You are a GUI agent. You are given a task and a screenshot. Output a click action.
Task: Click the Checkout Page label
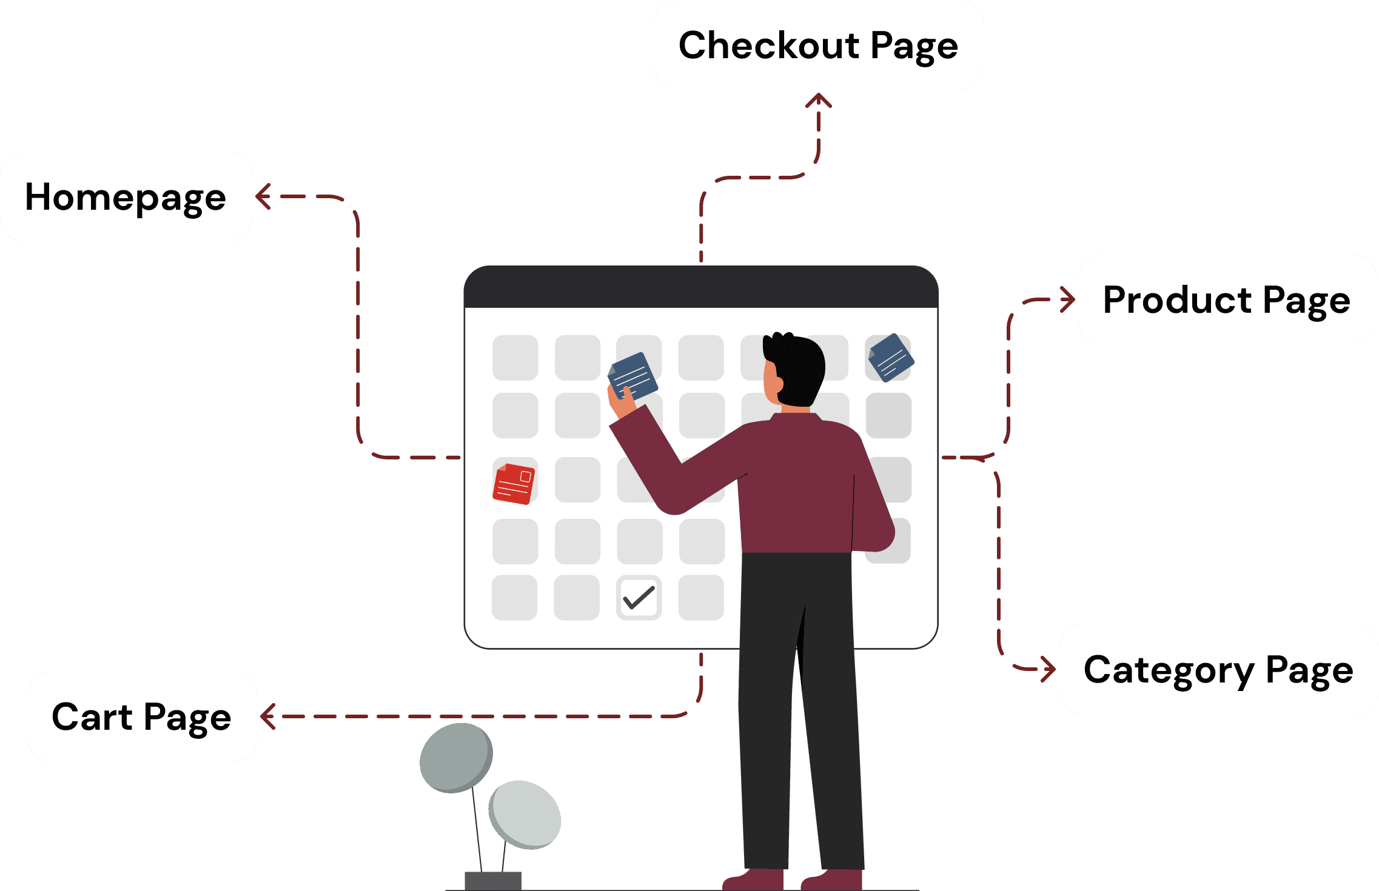pos(818,45)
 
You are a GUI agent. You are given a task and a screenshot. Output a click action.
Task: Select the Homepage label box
pos(126,196)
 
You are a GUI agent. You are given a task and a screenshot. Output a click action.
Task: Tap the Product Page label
pos(1226,299)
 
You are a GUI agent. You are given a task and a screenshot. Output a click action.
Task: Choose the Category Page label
pos(1218,669)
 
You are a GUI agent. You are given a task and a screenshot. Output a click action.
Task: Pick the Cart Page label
pos(141,716)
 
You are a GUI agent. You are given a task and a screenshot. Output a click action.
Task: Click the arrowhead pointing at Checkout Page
pos(819,100)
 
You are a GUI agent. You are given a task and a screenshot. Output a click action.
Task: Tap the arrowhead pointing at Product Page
pos(1069,299)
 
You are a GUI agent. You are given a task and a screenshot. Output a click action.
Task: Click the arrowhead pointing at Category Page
pos(1049,669)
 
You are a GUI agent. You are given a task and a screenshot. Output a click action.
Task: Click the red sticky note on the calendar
pos(514,484)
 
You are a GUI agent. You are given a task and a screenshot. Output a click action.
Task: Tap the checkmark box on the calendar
pos(639,598)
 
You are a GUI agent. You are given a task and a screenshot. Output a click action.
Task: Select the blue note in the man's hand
pos(632,376)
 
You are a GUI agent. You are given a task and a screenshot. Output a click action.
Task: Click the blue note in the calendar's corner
pos(891,358)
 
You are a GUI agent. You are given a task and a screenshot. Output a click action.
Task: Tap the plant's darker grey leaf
pos(455,758)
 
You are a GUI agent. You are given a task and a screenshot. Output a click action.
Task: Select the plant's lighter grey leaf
pos(525,814)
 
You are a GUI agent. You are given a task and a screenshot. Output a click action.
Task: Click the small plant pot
pos(492,881)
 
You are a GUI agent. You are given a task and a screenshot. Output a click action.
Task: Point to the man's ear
pos(779,384)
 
